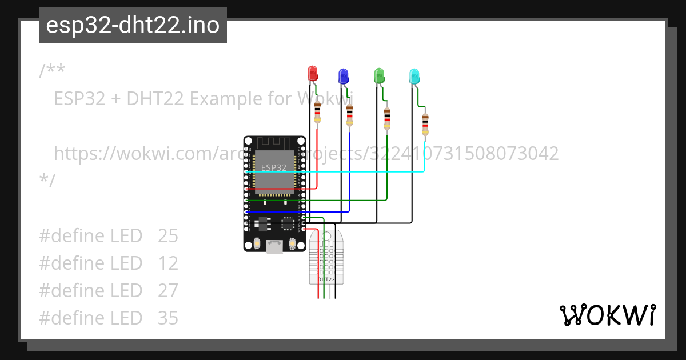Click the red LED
312,73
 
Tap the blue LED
344,75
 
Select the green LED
379,75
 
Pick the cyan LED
414,75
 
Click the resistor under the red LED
318,112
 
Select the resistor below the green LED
387,118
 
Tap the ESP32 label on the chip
273,167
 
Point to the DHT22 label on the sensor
326,279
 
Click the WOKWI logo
607,315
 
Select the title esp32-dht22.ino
133,25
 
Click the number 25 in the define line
168,235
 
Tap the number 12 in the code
168,263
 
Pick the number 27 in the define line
168,290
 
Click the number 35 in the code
168,318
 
